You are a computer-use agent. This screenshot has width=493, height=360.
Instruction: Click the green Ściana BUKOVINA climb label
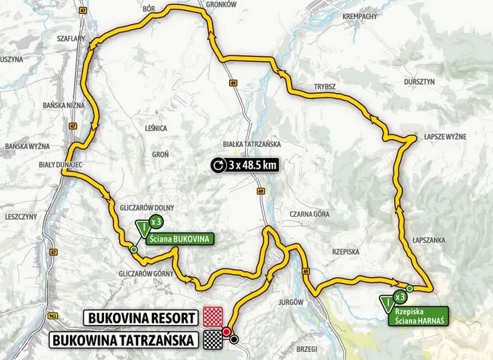pos(180,237)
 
